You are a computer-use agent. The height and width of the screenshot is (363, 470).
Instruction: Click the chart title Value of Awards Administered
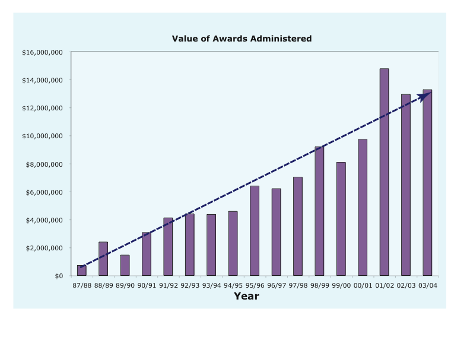pyautogui.click(x=242, y=39)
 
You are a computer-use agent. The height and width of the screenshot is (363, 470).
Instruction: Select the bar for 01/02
pyautogui.click(x=384, y=172)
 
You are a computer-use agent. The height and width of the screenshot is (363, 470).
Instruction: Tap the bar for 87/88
pyautogui.click(x=82, y=270)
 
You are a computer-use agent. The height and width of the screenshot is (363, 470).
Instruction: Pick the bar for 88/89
pyautogui.click(x=103, y=259)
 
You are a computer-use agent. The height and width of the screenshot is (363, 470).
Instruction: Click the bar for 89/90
pyautogui.click(x=125, y=265)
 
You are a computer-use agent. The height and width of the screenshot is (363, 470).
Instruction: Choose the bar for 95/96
pyautogui.click(x=255, y=231)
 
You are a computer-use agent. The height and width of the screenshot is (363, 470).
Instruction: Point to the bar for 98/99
pyautogui.click(x=319, y=211)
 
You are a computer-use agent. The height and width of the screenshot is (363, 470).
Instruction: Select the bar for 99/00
pyautogui.click(x=341, y=219)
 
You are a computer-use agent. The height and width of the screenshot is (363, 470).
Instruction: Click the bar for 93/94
pyautogui.click(x=211, y=245)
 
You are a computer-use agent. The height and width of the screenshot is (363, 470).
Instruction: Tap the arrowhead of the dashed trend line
pyautogui.click(x=425, y=96)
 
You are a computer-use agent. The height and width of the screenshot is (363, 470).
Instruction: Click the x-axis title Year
pyautogui.click(x=246, y=296)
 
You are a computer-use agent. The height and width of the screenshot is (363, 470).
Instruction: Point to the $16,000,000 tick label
pyautogui.click(x=42, y=52)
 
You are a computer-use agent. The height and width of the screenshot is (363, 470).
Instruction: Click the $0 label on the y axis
pyautogui.click(x=58, y=276)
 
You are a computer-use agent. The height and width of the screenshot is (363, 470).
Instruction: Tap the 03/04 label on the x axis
pyautogui.click(x=427, y=285)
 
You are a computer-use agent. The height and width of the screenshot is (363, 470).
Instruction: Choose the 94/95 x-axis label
pyautogui.click(x=233, y=285)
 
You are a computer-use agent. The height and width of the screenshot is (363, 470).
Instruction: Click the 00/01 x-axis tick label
pyautogui.click(x=363, y=285)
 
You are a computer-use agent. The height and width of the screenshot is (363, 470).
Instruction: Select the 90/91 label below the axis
pyautogui.click(x=146, y=285)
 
